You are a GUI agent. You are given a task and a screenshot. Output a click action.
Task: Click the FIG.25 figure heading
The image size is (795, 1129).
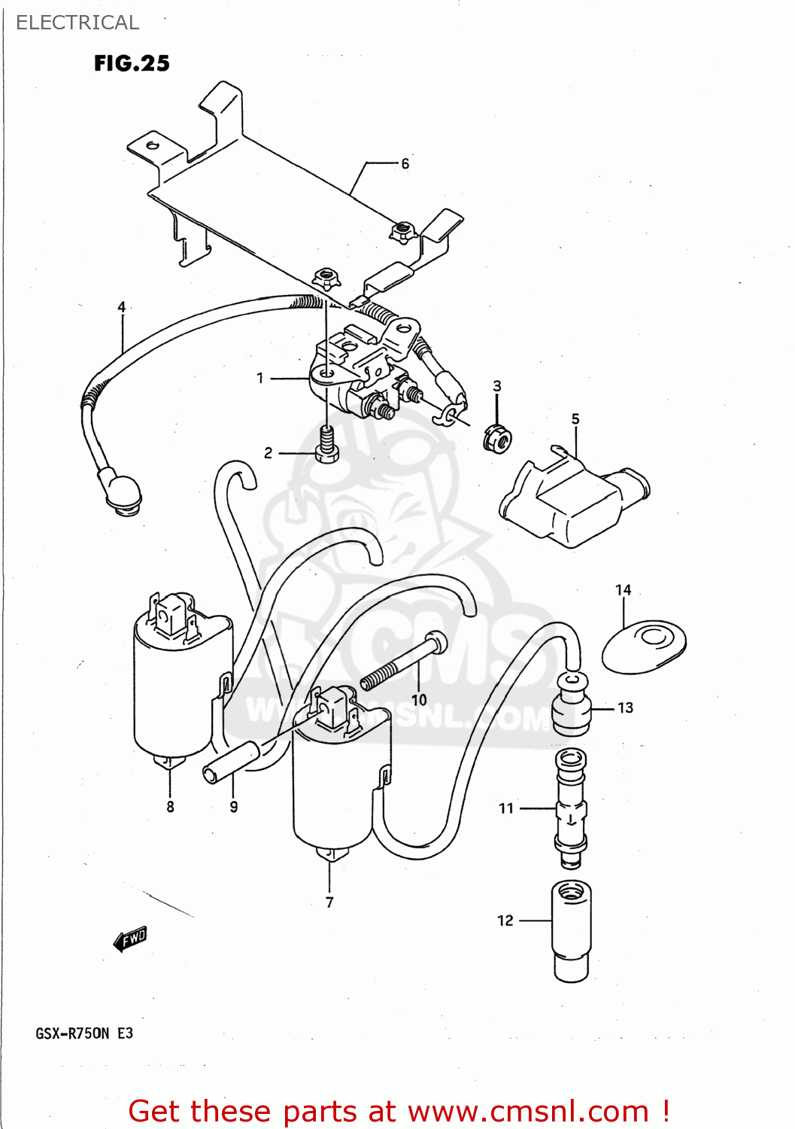click(132, 63)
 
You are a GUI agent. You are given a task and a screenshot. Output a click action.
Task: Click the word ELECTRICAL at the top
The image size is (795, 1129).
click(77, 23)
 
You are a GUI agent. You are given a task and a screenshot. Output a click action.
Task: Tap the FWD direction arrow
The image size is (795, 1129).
click(130, 939)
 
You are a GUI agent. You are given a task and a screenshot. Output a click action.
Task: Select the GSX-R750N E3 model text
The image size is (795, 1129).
click(84, 1033)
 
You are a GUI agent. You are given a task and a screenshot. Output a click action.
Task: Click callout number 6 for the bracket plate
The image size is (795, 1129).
click(405, 163)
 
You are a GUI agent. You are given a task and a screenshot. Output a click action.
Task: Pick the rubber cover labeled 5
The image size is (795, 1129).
click(572, 497)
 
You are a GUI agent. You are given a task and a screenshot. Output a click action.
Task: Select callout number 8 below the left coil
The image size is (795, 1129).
click(170, 807)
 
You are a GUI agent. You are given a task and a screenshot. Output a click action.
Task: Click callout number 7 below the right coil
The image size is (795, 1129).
click(329, 902)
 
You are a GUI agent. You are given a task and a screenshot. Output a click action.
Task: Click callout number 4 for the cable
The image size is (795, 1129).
click(122, 307)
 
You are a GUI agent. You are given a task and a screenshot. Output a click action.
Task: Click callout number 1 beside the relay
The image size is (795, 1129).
click(260, 378)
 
